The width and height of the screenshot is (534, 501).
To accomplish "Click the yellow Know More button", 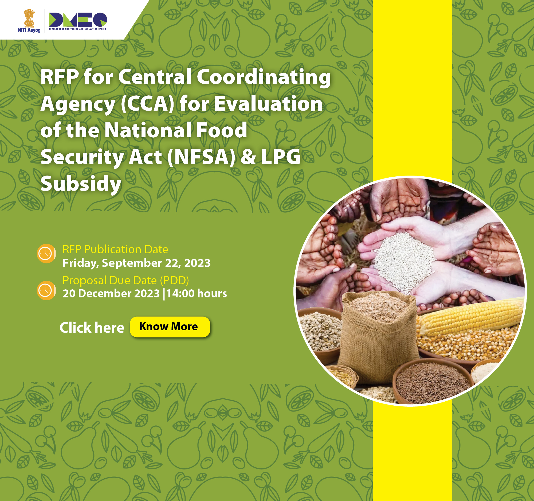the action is point(170,327).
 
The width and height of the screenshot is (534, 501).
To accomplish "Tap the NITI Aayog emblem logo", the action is point(29,21).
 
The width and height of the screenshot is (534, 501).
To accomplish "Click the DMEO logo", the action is point(78,21).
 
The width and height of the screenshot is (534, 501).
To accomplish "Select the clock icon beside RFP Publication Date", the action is point(46,254).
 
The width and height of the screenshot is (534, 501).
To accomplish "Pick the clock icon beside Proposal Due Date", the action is point(46,290).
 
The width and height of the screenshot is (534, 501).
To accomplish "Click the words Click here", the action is point(92,327).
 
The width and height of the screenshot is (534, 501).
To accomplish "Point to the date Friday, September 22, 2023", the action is point(136,263).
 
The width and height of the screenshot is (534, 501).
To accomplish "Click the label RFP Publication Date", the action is point(115,249).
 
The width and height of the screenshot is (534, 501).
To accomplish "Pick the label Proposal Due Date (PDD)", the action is point(126,280).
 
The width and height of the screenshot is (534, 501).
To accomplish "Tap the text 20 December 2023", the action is point(111,293).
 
